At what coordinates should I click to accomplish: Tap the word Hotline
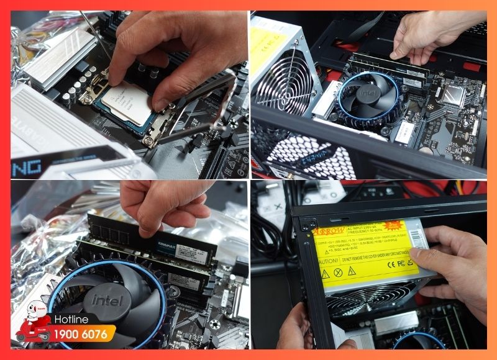click(x=71, y=320)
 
